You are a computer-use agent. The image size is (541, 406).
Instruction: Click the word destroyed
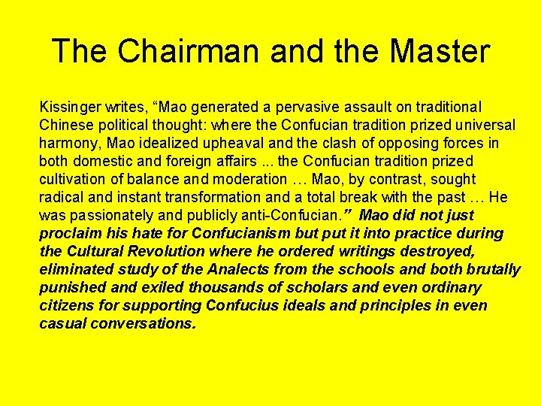pos(462,252)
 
